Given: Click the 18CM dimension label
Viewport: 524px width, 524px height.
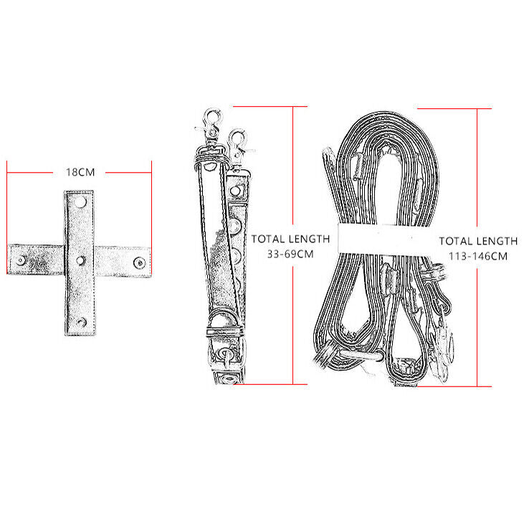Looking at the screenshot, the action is pos(80,173).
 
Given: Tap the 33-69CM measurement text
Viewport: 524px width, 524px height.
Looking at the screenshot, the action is pos(290,254).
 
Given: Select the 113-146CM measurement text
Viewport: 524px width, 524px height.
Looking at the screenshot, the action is pos(478,257).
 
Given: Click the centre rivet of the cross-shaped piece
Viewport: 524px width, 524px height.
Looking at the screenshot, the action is pos(81,260).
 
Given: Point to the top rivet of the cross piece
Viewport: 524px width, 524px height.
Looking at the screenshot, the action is pos(81,202).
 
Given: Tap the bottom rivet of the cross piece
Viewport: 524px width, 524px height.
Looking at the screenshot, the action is pos(81,322).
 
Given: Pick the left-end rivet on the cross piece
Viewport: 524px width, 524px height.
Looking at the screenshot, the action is pos(21,260).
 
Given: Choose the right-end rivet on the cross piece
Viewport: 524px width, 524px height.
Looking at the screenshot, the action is pos(139,262).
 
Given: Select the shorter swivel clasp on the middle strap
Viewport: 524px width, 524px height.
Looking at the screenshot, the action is pos(238,146).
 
